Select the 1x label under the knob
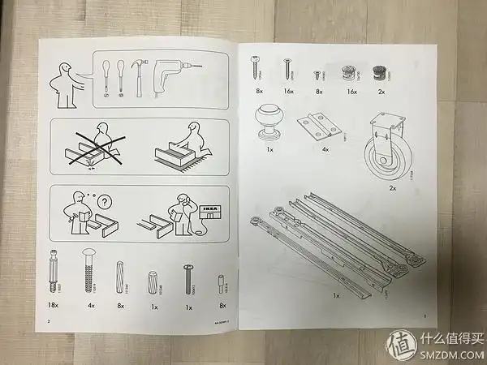(268, 148)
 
